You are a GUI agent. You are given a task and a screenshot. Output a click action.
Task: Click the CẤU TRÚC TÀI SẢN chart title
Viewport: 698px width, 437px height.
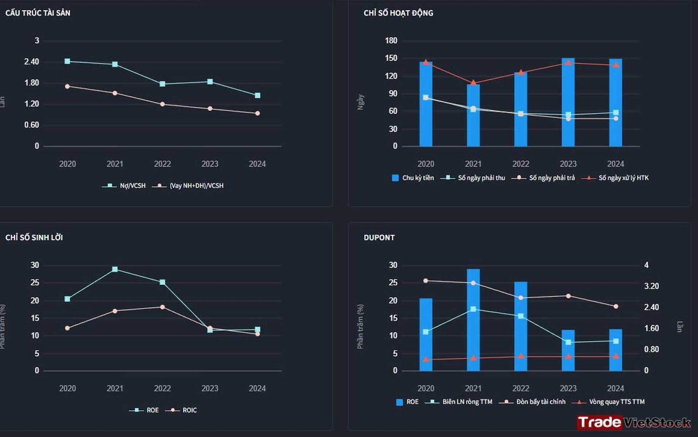click(38, 13)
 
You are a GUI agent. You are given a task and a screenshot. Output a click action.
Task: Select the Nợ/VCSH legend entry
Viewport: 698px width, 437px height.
click(124, 186)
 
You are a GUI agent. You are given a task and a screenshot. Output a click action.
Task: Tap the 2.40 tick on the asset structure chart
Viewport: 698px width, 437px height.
click(31, 61)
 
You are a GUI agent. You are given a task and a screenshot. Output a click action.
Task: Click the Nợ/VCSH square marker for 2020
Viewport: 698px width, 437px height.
click(67, 61)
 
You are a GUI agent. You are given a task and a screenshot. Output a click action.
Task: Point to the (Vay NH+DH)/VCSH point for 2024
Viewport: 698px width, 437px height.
click(257, 113)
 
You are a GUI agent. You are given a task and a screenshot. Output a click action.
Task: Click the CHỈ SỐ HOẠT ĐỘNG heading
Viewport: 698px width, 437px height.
click(398, 13)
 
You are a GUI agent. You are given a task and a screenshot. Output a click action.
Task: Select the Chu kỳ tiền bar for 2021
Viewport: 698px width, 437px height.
click(473, 116)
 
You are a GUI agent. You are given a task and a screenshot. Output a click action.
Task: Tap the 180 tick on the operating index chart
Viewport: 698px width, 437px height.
click(391, 41)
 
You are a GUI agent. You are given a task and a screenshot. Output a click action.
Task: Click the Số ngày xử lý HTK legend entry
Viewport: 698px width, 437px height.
click(615, 178)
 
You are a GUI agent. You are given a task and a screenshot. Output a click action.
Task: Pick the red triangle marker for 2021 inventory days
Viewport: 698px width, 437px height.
click(473, 82)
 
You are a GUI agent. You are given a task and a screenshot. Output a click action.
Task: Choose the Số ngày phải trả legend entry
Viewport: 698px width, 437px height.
click(544, 178)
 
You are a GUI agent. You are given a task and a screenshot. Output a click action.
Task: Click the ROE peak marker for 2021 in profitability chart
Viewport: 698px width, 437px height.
click(115, 270)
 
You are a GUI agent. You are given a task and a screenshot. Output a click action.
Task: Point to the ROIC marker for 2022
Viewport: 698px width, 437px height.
click(162, 307)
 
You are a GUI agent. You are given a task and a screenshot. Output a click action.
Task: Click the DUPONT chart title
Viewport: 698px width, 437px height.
click(379, 238)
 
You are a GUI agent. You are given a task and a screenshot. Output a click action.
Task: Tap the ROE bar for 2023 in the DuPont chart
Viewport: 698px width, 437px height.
click(568, 351)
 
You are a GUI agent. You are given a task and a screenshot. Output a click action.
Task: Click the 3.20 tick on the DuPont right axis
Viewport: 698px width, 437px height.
click(651, 287)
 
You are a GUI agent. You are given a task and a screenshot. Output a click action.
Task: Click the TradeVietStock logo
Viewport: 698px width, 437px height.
click(633, 422)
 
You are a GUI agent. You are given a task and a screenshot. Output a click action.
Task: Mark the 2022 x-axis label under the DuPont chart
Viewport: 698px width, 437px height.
click(520, 389)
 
